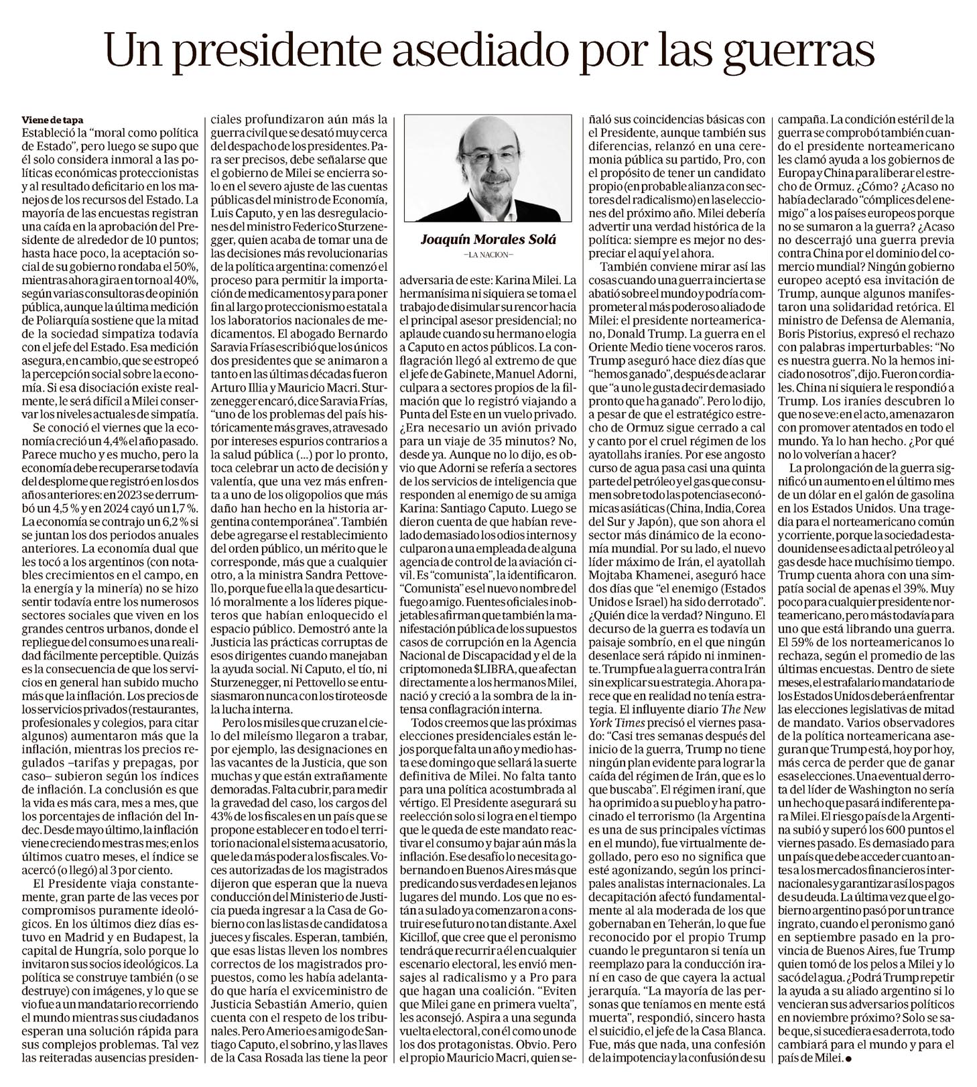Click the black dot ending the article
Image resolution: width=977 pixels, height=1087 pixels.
(848, 1059)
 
